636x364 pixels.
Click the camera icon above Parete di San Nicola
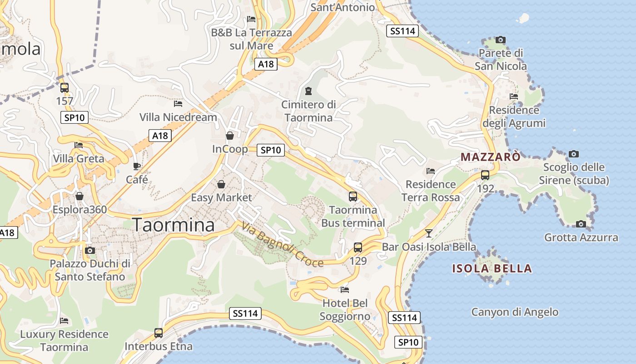[500, 40]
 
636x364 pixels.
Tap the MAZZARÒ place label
[490, 157]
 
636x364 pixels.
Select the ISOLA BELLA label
[492, 268]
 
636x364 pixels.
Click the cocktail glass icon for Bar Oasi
[428, 233]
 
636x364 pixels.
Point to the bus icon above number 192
[485, 175]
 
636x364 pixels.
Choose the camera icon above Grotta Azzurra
[581, 224]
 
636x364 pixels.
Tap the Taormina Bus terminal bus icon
[353, 197]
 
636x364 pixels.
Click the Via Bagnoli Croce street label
[282, 245]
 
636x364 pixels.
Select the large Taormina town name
[173, 225]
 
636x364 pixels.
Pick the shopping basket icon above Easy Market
[221, 184]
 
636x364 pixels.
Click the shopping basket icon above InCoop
[230, 136]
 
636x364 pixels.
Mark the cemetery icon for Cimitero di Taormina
[308, 91]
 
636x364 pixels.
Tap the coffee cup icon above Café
[137, 166]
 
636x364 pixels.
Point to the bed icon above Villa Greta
[79, 145]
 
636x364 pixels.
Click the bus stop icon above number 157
[65, 87]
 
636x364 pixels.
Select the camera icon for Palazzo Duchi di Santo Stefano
[90, 250]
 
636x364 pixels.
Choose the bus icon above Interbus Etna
[158, 333]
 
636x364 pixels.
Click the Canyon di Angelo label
[515, 312]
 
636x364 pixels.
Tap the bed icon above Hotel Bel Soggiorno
[345, 289]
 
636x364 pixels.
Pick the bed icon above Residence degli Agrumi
[514, 96]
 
